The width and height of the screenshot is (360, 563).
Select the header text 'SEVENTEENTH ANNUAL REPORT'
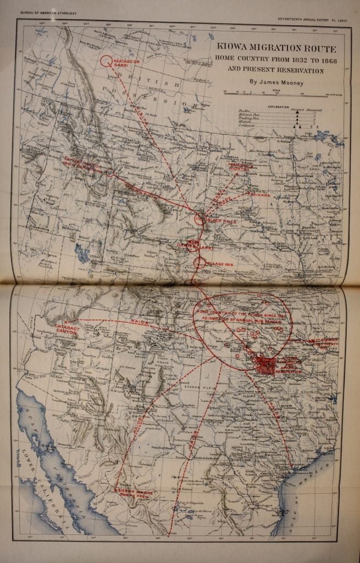pos(303,12)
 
